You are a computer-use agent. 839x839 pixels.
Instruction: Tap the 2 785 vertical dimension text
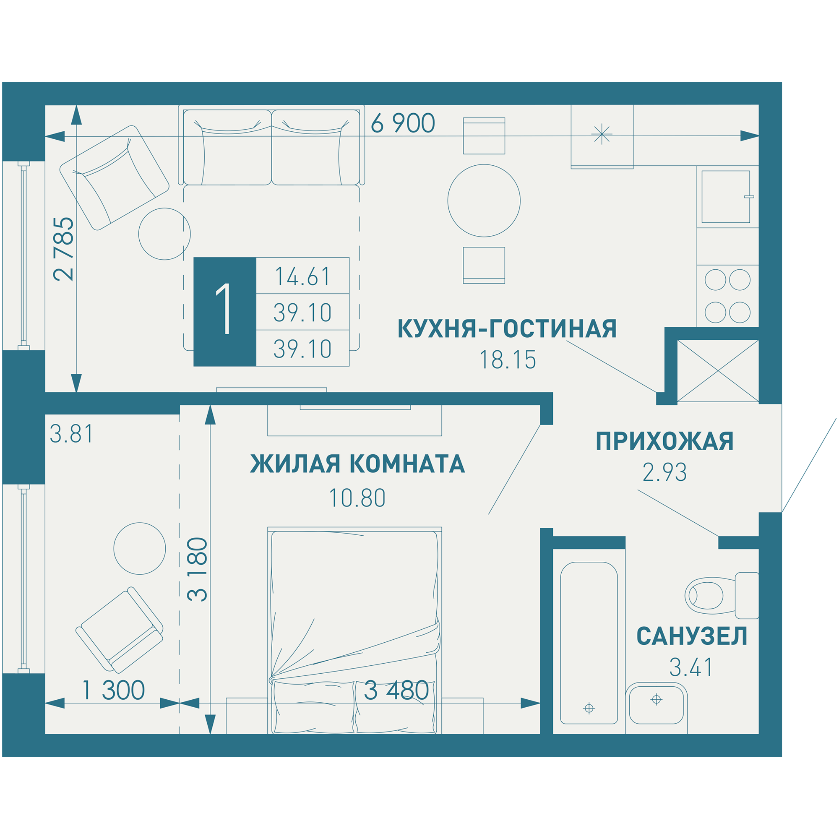[64, 249]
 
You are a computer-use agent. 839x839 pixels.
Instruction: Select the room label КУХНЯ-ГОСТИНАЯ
[507, 329]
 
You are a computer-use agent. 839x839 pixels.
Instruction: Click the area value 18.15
[507, 360]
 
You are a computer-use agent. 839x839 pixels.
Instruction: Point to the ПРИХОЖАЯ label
[665, 441]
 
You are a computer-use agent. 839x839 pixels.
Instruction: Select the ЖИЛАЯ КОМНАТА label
[357, 464]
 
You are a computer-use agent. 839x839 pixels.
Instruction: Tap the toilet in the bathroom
[717, 595]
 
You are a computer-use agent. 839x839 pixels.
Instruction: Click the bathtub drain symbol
[589, 708]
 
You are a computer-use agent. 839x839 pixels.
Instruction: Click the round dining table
[484, 201]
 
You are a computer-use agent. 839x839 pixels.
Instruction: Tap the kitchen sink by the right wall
[725, 196]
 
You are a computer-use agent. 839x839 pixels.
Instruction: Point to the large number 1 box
[224, 311]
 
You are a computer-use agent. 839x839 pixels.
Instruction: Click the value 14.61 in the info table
[303, 276]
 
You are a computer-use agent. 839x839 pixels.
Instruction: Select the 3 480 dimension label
[396, 690]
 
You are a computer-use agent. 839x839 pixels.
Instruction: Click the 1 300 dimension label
[113, 690]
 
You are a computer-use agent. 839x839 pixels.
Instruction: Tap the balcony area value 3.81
[72, 434]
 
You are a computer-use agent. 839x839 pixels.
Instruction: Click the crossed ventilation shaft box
[717, 371]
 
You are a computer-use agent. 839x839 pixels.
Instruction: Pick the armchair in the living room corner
[114, 177]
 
